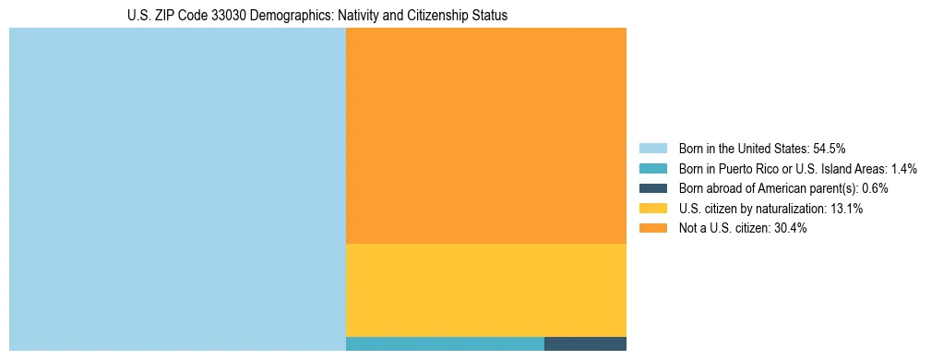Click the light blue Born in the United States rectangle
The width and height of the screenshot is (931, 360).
pos(177,189)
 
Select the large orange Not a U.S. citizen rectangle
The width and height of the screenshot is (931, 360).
pos(485,136)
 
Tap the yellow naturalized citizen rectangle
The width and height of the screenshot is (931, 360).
pos(485,290)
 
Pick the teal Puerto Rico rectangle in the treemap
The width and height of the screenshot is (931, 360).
pos(445,344)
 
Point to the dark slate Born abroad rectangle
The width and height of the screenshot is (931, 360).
pos(585,344)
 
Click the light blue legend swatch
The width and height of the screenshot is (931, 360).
pos(652,148)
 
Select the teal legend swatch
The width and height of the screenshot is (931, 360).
pos(652,168)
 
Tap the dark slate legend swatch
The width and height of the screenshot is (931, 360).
pos(652,188)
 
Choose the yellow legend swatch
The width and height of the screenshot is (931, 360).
pos(652,209)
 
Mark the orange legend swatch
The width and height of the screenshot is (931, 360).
pos(652,229)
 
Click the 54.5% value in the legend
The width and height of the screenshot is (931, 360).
pos(830,148)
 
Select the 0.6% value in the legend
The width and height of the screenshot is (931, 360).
pos(875,188)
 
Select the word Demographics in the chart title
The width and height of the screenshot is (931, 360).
pos(277,16)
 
